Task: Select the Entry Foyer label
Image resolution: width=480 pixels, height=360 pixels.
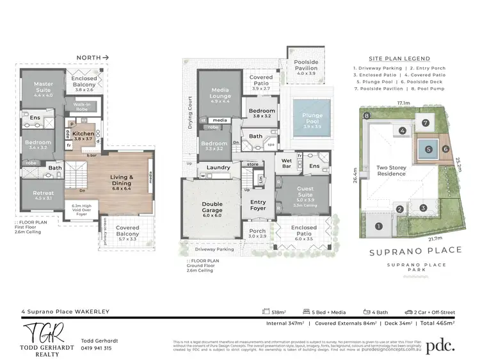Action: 257,204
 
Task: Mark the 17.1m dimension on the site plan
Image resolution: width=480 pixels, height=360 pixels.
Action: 403,102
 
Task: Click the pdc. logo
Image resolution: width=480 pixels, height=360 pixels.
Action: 440,345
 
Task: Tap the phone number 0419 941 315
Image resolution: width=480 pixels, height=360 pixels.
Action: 97,348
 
